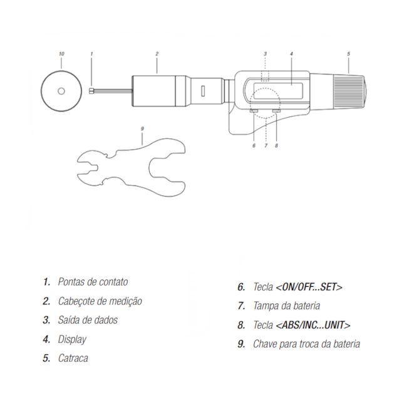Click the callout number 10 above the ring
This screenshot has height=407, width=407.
61,54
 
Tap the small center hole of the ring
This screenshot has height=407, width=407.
61,91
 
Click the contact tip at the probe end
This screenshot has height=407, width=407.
91,91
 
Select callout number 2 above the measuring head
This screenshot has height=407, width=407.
157,54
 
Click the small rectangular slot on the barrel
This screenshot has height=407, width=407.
203,91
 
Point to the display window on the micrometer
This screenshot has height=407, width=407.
278,91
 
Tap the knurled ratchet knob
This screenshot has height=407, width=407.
348,91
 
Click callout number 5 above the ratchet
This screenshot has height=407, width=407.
349,54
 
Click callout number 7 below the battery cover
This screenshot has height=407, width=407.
265,146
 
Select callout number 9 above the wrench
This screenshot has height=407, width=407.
142,129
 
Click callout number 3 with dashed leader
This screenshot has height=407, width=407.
265,54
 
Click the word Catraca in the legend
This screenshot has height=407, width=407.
73,358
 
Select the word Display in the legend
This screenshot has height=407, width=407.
72,339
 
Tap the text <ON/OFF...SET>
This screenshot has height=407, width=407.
309,287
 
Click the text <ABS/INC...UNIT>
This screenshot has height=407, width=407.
313,325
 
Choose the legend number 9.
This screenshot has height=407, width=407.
241,344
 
